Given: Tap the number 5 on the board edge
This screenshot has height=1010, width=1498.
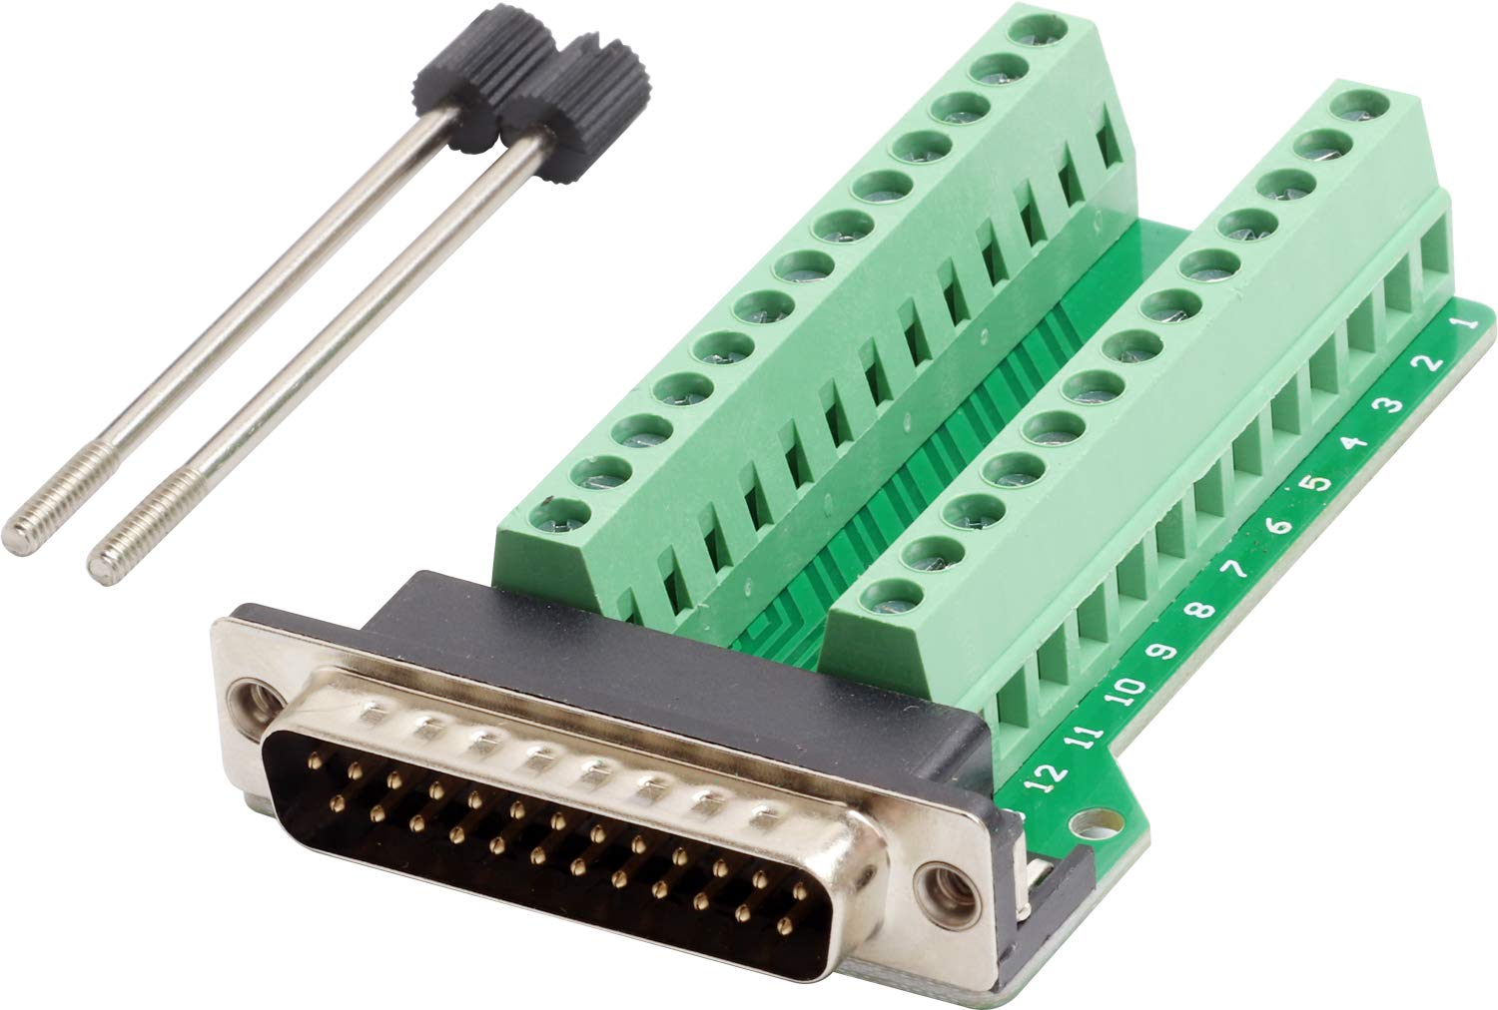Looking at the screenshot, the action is tap(1317, 482).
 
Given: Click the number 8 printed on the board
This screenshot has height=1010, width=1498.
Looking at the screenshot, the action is tap(1201, 610).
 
